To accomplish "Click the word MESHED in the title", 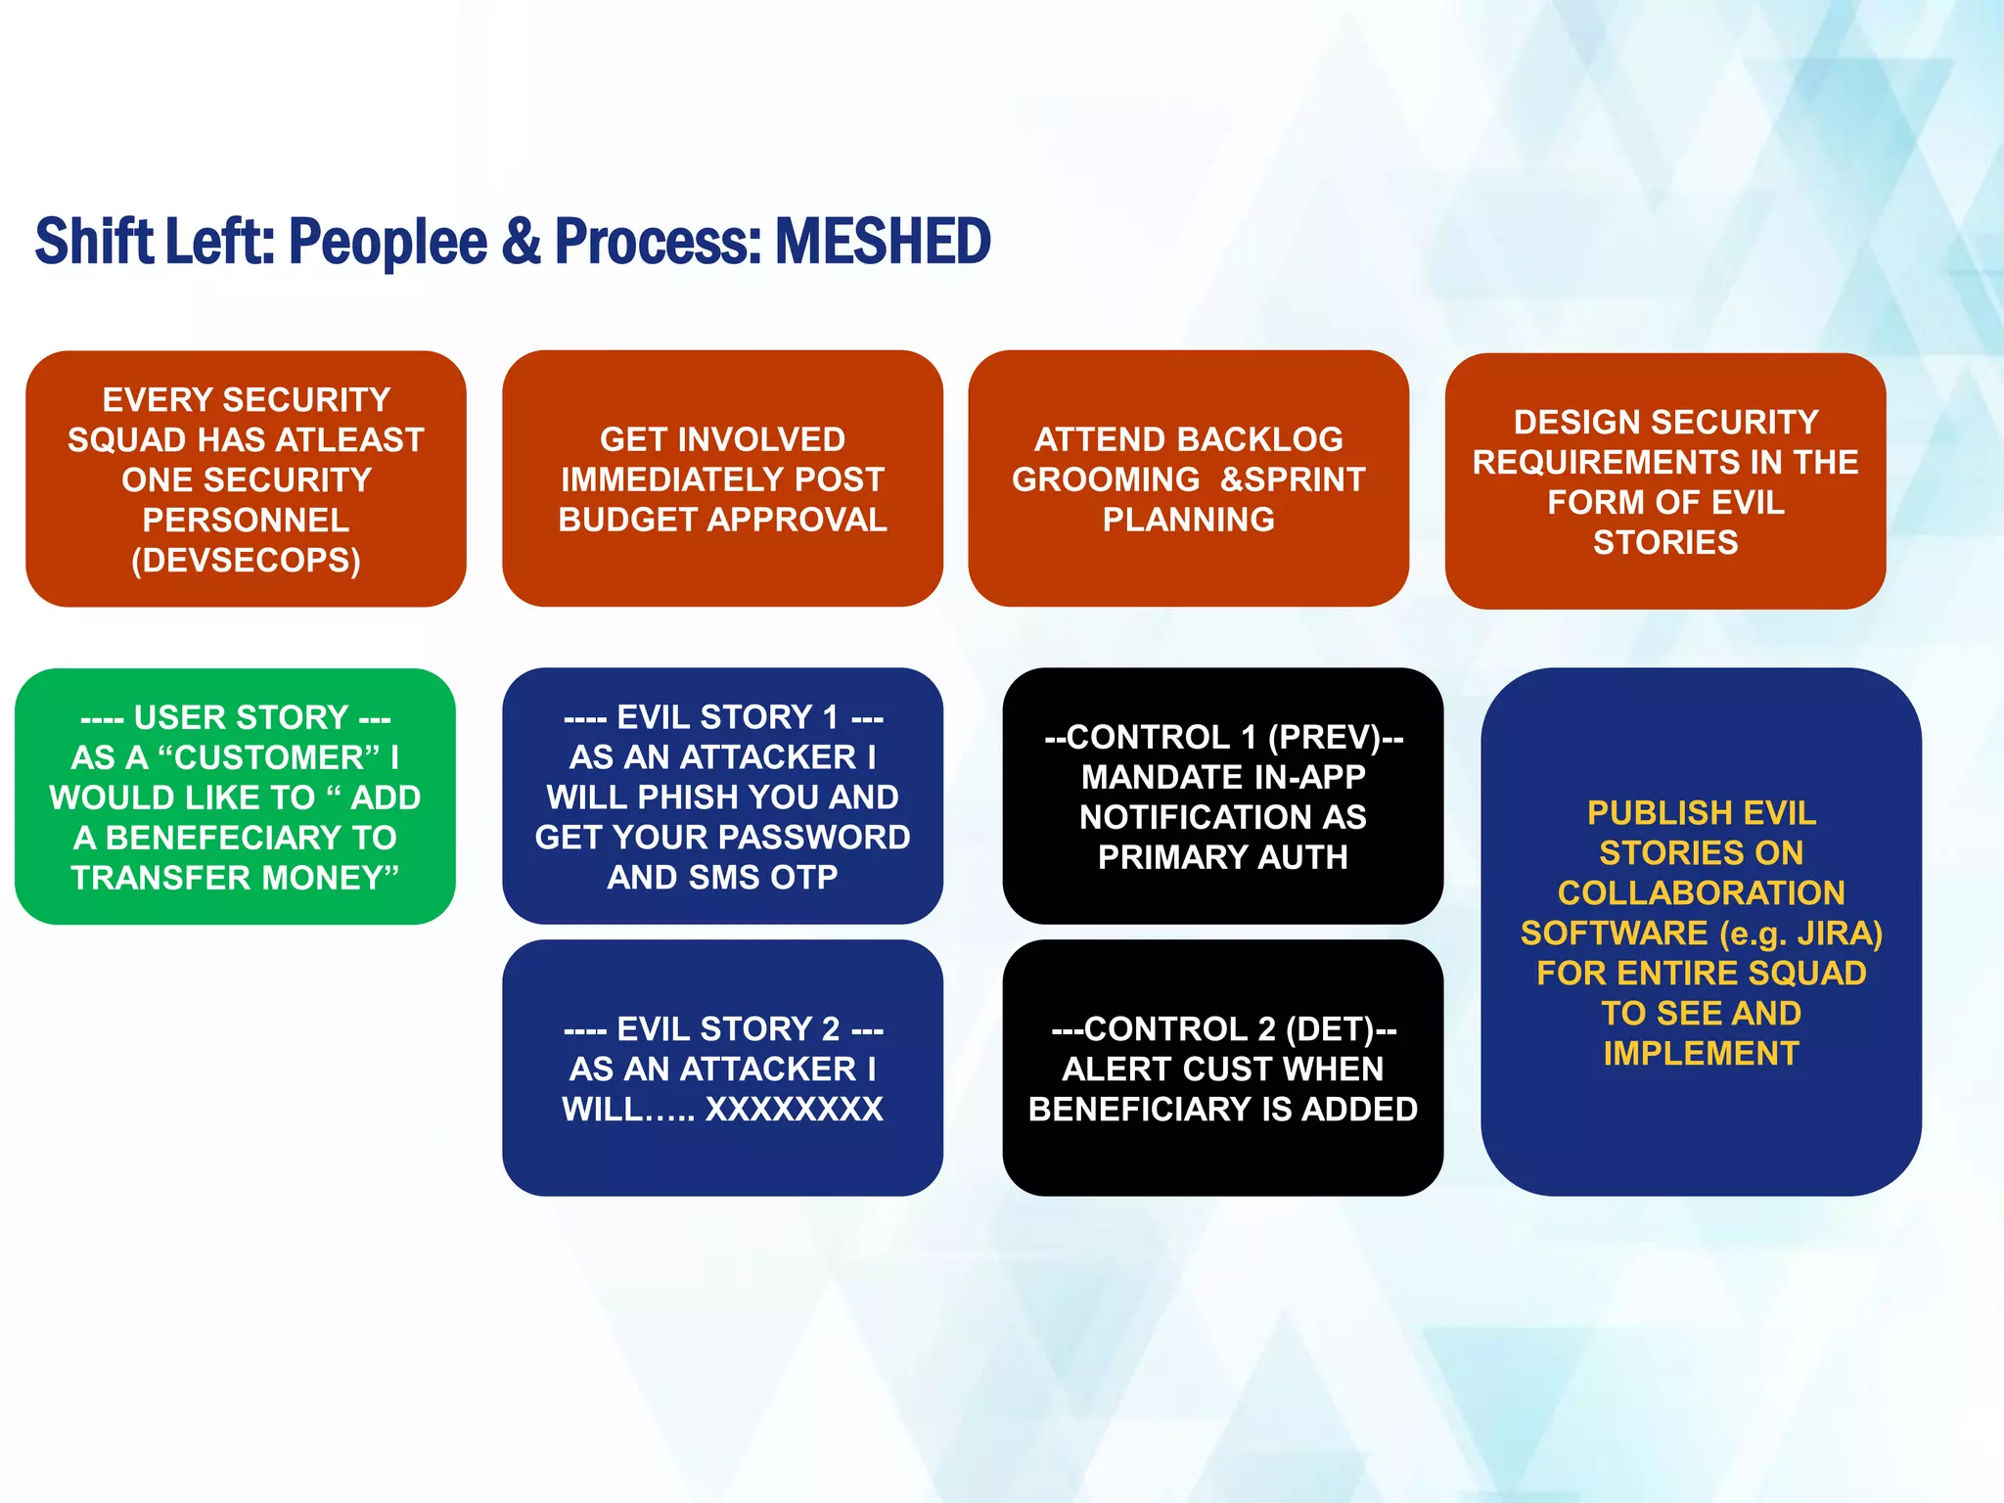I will (x=883, y=242).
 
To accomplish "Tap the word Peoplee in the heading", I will (x=387, y=242).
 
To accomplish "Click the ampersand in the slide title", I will (x=522, y=242).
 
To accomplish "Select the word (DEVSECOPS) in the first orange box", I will (x=246, y=560).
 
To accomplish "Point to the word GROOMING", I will (x=1105, y=479).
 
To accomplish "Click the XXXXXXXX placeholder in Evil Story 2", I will (x=794, y=1110).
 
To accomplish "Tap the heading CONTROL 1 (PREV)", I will (x=1223, y=737).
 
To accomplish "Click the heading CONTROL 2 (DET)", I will (x=1223, y=1029).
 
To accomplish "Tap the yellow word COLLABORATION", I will (x=1701, y=893).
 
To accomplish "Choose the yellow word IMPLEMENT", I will (x=1701, y=1054).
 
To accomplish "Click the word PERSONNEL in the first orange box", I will (x=246, y=520).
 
